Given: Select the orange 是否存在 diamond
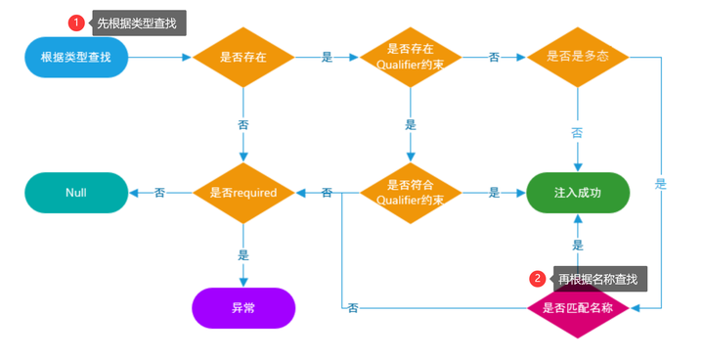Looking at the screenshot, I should pos(243,57).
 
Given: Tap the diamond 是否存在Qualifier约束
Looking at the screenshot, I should pos(411,57).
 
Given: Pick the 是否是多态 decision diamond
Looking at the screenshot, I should pos(577,57).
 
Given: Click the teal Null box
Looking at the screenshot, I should pos(76,193).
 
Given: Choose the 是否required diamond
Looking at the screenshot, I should pos(243,193).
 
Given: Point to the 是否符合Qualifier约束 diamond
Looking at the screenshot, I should pos(411,193).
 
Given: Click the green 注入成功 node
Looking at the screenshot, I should pos(577,193).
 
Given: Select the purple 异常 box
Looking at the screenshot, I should pos(243,307).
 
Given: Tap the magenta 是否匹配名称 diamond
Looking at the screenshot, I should pos(577,307).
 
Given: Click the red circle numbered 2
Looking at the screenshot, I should pos(537,279).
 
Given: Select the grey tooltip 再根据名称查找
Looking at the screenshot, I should pos(597,279).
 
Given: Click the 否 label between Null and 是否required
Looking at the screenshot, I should pos(159,193).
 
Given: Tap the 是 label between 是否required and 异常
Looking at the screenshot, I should pos(243,253).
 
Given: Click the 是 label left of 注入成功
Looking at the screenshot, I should pos(494,193).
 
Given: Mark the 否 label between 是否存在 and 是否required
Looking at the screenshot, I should pos(243,124).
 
